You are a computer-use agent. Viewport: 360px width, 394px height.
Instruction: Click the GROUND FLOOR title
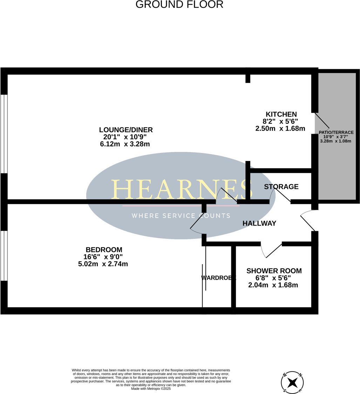[179, 5]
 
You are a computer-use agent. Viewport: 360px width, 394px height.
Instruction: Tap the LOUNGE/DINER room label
[126, 130]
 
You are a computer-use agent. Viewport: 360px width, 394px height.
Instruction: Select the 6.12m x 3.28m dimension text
[125, 144]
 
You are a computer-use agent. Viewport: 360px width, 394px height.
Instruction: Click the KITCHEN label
[281, 114]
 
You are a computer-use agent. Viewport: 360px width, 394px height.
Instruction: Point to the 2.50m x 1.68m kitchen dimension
[280, 129]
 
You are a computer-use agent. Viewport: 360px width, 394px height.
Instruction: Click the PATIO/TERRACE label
[336, 132]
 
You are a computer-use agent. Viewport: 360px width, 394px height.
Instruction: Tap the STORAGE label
[281, 187]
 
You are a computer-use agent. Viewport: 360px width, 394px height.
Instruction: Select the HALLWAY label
[259, 223]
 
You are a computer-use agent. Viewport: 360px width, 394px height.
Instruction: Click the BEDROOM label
[104, 249]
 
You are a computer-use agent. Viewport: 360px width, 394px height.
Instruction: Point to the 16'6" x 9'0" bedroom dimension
[103, 257]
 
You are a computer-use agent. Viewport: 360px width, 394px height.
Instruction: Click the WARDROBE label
[218, 278]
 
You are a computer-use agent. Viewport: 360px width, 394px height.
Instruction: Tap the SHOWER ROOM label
[274, 271]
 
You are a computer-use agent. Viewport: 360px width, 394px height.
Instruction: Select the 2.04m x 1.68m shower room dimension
[273, 285]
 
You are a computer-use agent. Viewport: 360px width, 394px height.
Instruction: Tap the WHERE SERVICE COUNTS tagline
[181, 216]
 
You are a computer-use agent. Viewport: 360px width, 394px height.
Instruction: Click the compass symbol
[292, 382]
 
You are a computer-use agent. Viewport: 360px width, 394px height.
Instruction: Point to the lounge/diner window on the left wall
[4, 134]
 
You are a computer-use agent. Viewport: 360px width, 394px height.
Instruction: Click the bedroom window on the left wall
[4, 255]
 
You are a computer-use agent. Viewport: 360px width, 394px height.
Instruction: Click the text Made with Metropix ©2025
[151, 389]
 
